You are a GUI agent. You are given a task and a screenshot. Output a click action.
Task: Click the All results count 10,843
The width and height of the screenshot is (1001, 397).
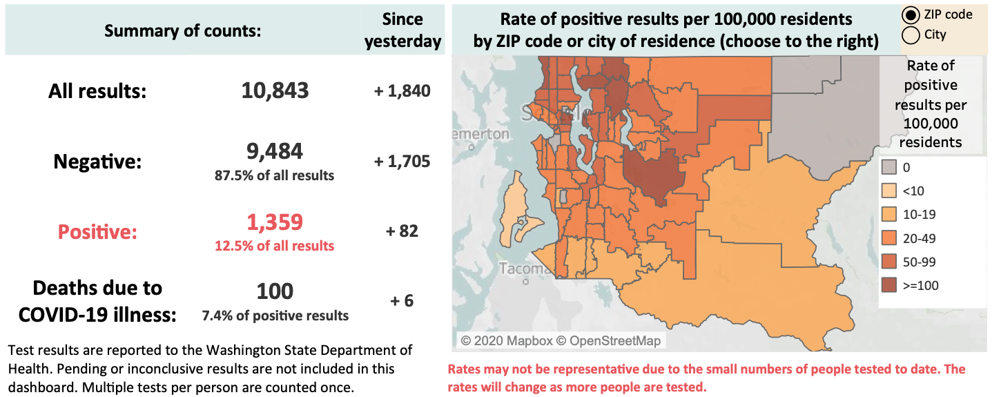pyautogui.click(x=275, y=90)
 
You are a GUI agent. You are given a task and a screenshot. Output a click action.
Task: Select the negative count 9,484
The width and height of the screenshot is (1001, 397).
pyautogui.click(x=275, y=151)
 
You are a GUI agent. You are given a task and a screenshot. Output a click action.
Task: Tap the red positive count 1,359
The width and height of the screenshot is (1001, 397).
pyautogui.click(x=275, y=222)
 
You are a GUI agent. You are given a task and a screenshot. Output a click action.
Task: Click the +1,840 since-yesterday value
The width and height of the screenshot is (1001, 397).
pyautogui.click(x=402, y=91)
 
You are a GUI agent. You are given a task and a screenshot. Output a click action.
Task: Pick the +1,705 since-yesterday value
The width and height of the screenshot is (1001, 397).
pyautogui.click(x=402, y=162)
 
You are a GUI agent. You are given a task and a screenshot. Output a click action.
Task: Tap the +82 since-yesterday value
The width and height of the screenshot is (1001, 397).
pyautogui.click(x=402, y=231)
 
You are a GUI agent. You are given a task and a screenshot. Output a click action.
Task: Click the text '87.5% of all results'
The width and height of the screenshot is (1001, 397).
pyautogui.click(x=275, y=175)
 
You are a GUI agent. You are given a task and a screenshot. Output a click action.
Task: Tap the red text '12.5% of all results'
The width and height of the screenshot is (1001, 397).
pyautogui.click(x=275, y=246)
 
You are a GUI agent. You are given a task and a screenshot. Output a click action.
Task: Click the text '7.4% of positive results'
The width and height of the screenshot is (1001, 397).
pyautogui.click(x=275, y=316)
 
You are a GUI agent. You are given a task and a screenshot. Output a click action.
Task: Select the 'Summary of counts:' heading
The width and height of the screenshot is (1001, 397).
pyautogui.click(x=183, y=31)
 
